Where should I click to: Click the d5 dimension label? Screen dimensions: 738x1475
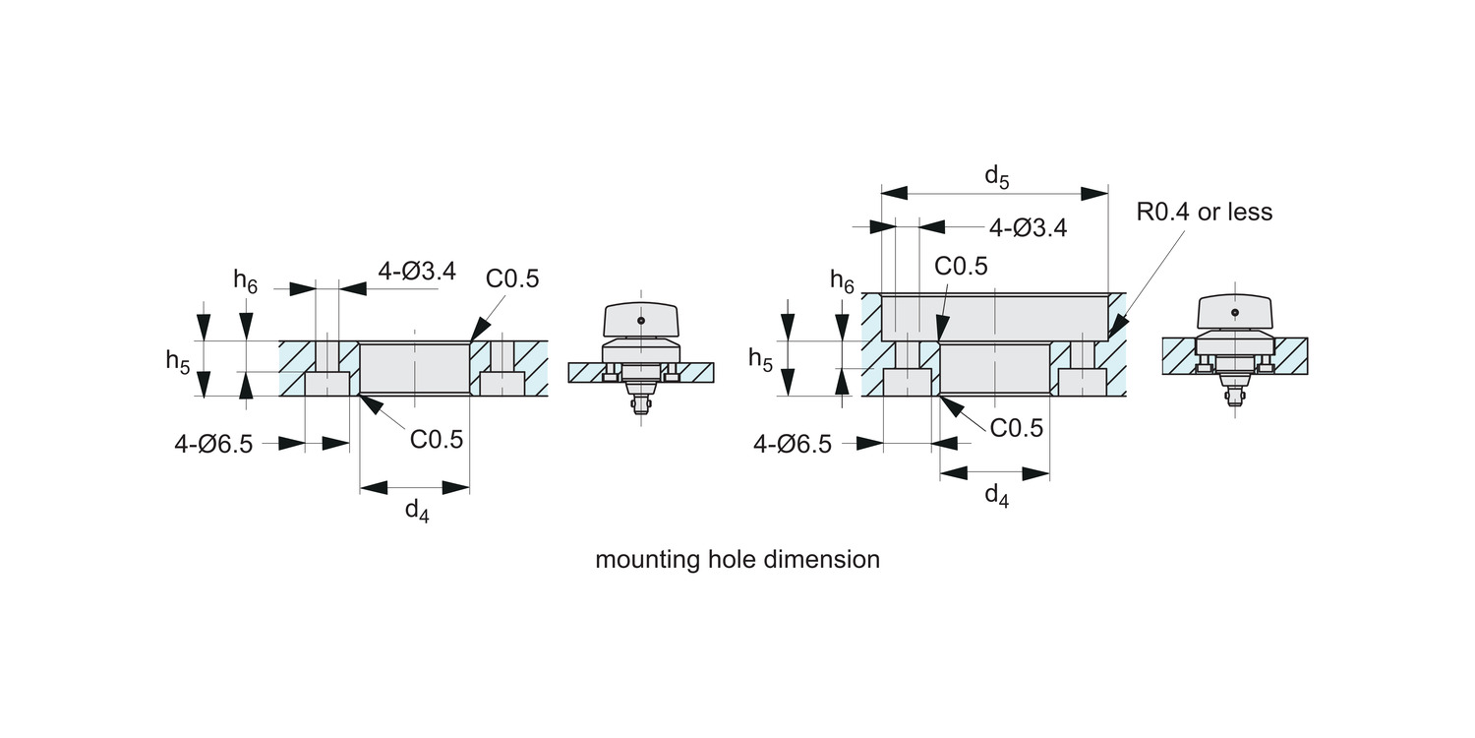(996, 176)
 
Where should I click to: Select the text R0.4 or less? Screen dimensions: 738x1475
(1204, 212)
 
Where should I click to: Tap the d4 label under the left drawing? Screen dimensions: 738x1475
(417, 511)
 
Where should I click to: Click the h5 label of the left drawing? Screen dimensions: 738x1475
(178, 361)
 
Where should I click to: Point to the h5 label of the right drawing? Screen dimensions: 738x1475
(760, 359)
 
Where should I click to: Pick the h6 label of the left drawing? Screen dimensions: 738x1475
(245, 280)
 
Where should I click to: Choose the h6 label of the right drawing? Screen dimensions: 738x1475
(842, 281)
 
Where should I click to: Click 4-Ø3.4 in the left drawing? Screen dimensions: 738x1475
(417, 272)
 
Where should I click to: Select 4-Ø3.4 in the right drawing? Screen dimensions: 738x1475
(1028, 228)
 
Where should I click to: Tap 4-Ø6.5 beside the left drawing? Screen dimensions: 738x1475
(213, 444)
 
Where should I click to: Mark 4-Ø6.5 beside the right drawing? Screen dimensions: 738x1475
(793, 444)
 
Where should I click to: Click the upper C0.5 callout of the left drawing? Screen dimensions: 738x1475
(512, 278)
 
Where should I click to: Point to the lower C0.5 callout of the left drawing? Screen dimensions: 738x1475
(436, 439)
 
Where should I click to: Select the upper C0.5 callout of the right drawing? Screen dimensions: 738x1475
(961, 266)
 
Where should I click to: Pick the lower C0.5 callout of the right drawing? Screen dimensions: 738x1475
(1016, 428)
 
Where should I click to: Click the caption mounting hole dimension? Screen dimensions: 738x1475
(737, 560)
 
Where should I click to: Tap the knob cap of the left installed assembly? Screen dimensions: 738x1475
(640, 319)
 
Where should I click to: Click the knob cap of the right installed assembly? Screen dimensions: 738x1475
(1234, 313)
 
